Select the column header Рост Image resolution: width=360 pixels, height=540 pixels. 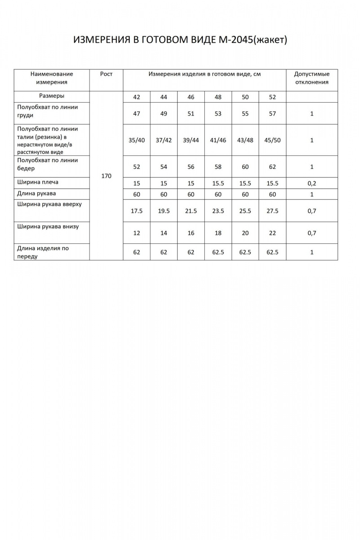coord(106,74)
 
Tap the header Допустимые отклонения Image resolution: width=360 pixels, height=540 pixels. coord(311,78)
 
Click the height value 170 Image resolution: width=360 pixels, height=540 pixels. coord(106,176)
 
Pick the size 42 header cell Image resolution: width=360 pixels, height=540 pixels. coord(137,97)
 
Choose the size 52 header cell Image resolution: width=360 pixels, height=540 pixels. coord(272,97)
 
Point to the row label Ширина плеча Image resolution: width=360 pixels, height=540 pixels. coord(38,182)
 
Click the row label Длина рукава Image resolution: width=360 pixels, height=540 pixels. coord(36,193)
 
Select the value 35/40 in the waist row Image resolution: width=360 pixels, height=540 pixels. coord(137,140)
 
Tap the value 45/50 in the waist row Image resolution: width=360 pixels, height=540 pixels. coord(272,140)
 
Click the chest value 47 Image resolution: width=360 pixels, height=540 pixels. coord(137,114)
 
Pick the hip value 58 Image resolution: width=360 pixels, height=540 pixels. coord(218,167)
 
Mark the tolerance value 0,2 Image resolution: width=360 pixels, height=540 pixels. coord(311,183)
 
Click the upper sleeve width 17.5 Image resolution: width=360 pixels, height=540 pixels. coord(137,211)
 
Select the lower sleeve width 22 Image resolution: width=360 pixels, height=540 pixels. coord(272,233)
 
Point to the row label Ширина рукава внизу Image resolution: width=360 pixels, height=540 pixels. coord(48,226)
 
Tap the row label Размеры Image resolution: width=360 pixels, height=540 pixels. coord(52,96)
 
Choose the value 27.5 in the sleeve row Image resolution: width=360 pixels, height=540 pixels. coord(272,211)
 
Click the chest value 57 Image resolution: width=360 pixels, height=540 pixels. coord(272,114)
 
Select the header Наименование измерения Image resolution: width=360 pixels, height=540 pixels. coord(52,78)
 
